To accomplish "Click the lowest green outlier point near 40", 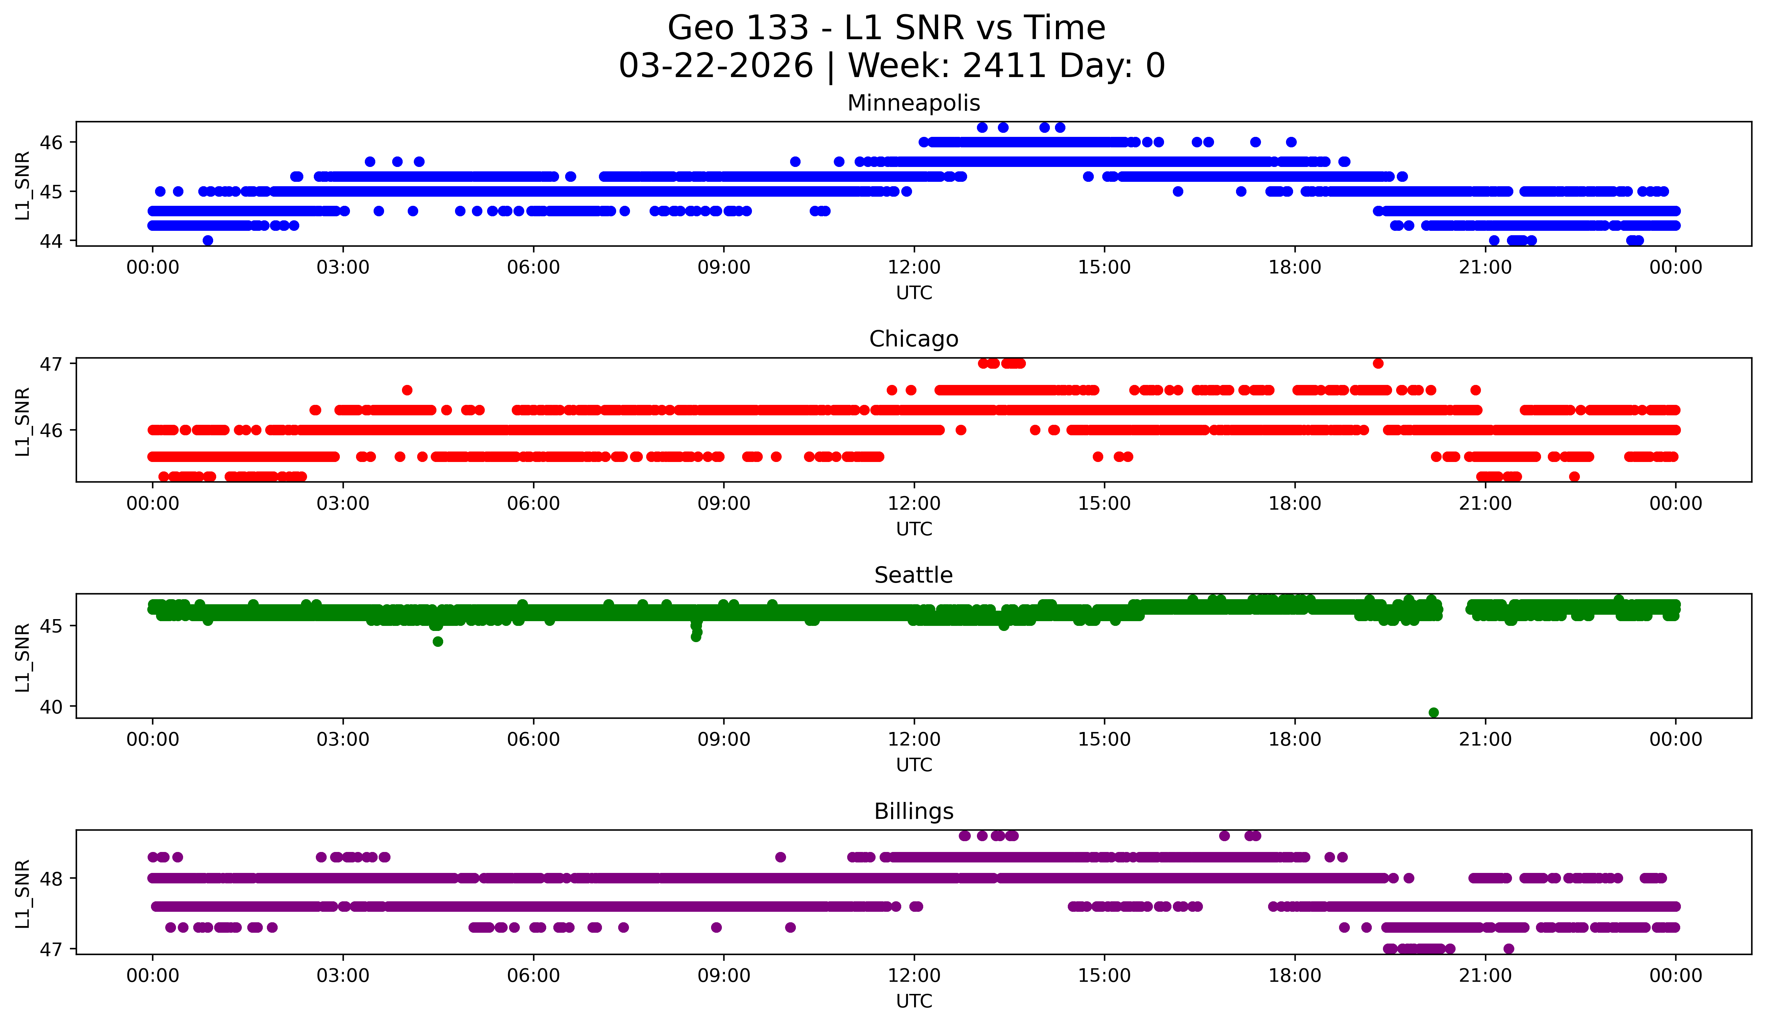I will click(x=1434, y=712).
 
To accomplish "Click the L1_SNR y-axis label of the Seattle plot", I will click(x=22, y=657).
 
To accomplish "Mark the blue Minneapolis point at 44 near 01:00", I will click(x=207, y=240).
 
